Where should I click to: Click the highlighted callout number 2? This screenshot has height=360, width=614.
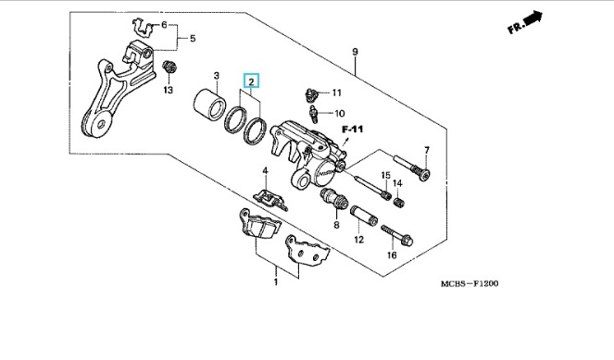coord(251,81)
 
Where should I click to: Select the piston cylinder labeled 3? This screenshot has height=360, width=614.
coord(210,105)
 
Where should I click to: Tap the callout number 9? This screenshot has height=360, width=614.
coord(355,51)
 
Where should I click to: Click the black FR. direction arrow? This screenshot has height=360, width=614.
coord(533,19)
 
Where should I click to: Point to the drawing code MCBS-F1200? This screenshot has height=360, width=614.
coord(470,284)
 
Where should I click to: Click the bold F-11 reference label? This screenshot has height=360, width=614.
coord(353,130)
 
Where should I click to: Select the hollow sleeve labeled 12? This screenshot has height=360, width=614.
coord(364,216)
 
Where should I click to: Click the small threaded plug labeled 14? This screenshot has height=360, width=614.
coord(398,203)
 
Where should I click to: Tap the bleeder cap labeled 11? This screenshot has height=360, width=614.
coord(311,94)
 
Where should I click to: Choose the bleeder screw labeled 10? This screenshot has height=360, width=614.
coord(313,114)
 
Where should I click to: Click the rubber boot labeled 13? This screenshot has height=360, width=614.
coord(169,67)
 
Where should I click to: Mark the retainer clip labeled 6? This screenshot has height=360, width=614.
coord(142,28)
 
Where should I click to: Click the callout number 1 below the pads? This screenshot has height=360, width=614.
coord(276,281)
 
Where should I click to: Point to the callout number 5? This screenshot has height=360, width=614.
coord(193,38)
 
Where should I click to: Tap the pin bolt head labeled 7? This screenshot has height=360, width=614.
coord(424,174)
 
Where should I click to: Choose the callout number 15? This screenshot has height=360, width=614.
coord(385,175)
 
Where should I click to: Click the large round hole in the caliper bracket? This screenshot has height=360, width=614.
coord(102,124)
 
